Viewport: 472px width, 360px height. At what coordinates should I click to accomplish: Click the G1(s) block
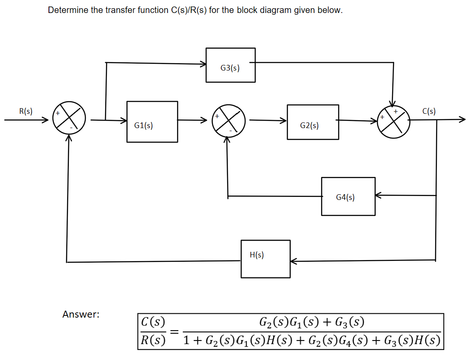tap(152, 122)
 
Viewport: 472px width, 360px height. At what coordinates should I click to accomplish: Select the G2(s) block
tap(313, 122)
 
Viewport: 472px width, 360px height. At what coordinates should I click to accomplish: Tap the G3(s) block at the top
tap(230, 65)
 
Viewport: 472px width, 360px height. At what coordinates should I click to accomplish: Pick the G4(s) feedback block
tap(348, 196)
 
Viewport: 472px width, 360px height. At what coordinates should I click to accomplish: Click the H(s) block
tap(265, 259)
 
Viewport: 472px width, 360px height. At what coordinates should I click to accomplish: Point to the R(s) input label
tap(26, 111)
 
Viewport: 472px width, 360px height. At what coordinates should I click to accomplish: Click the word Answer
tap(81, 315)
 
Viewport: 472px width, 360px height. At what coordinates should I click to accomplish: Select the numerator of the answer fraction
tap(311, 322)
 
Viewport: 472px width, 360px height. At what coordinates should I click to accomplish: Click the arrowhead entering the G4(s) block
tap(378, 196)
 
